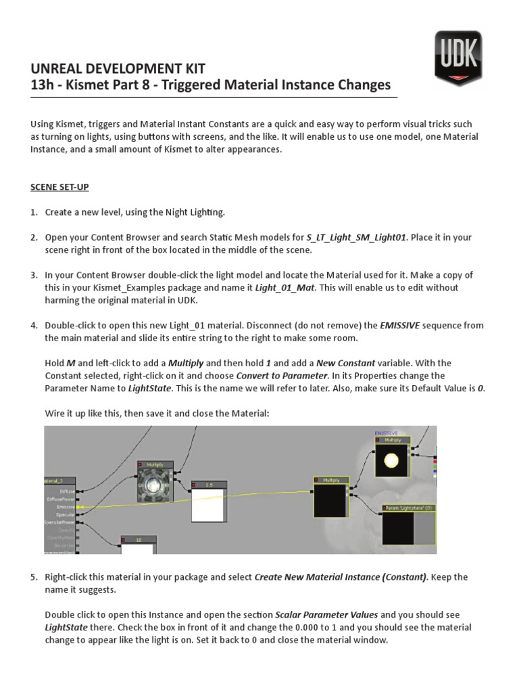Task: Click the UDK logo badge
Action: pyautogui.click(x=458, y=57)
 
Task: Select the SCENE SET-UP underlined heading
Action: pyautogui.click(x=60, y=187)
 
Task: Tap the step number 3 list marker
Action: pyautogui.click(x=34, y=275)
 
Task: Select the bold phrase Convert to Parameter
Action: pyautogui.click(x=278, y=375)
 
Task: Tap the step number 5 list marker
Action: pyautogui.click(x=34, y=578)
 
